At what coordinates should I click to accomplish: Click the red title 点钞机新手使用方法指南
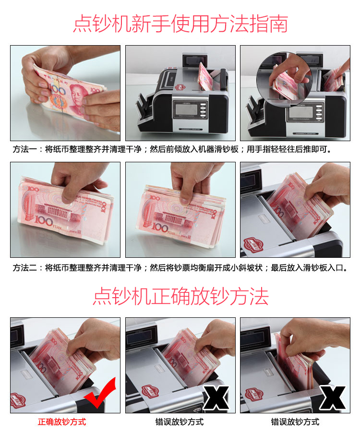[x=180, y=24]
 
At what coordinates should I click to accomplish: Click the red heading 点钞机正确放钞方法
[x=180, y=296]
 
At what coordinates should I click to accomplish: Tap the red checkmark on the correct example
[x=100, y=393]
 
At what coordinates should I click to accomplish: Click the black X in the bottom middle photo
[x=216, y=398]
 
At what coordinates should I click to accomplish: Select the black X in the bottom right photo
[x=332, y=398]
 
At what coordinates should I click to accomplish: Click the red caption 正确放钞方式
[x=62, y=422]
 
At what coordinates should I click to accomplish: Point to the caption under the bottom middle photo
[x=180, y=422]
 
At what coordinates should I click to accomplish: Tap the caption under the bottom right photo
[x=295, y=422]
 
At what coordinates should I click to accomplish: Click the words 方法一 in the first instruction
[x=24, y=149]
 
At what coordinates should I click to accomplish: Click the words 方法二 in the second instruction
[x=24, y=268]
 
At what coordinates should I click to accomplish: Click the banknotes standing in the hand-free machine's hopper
[x=205, y=77]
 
